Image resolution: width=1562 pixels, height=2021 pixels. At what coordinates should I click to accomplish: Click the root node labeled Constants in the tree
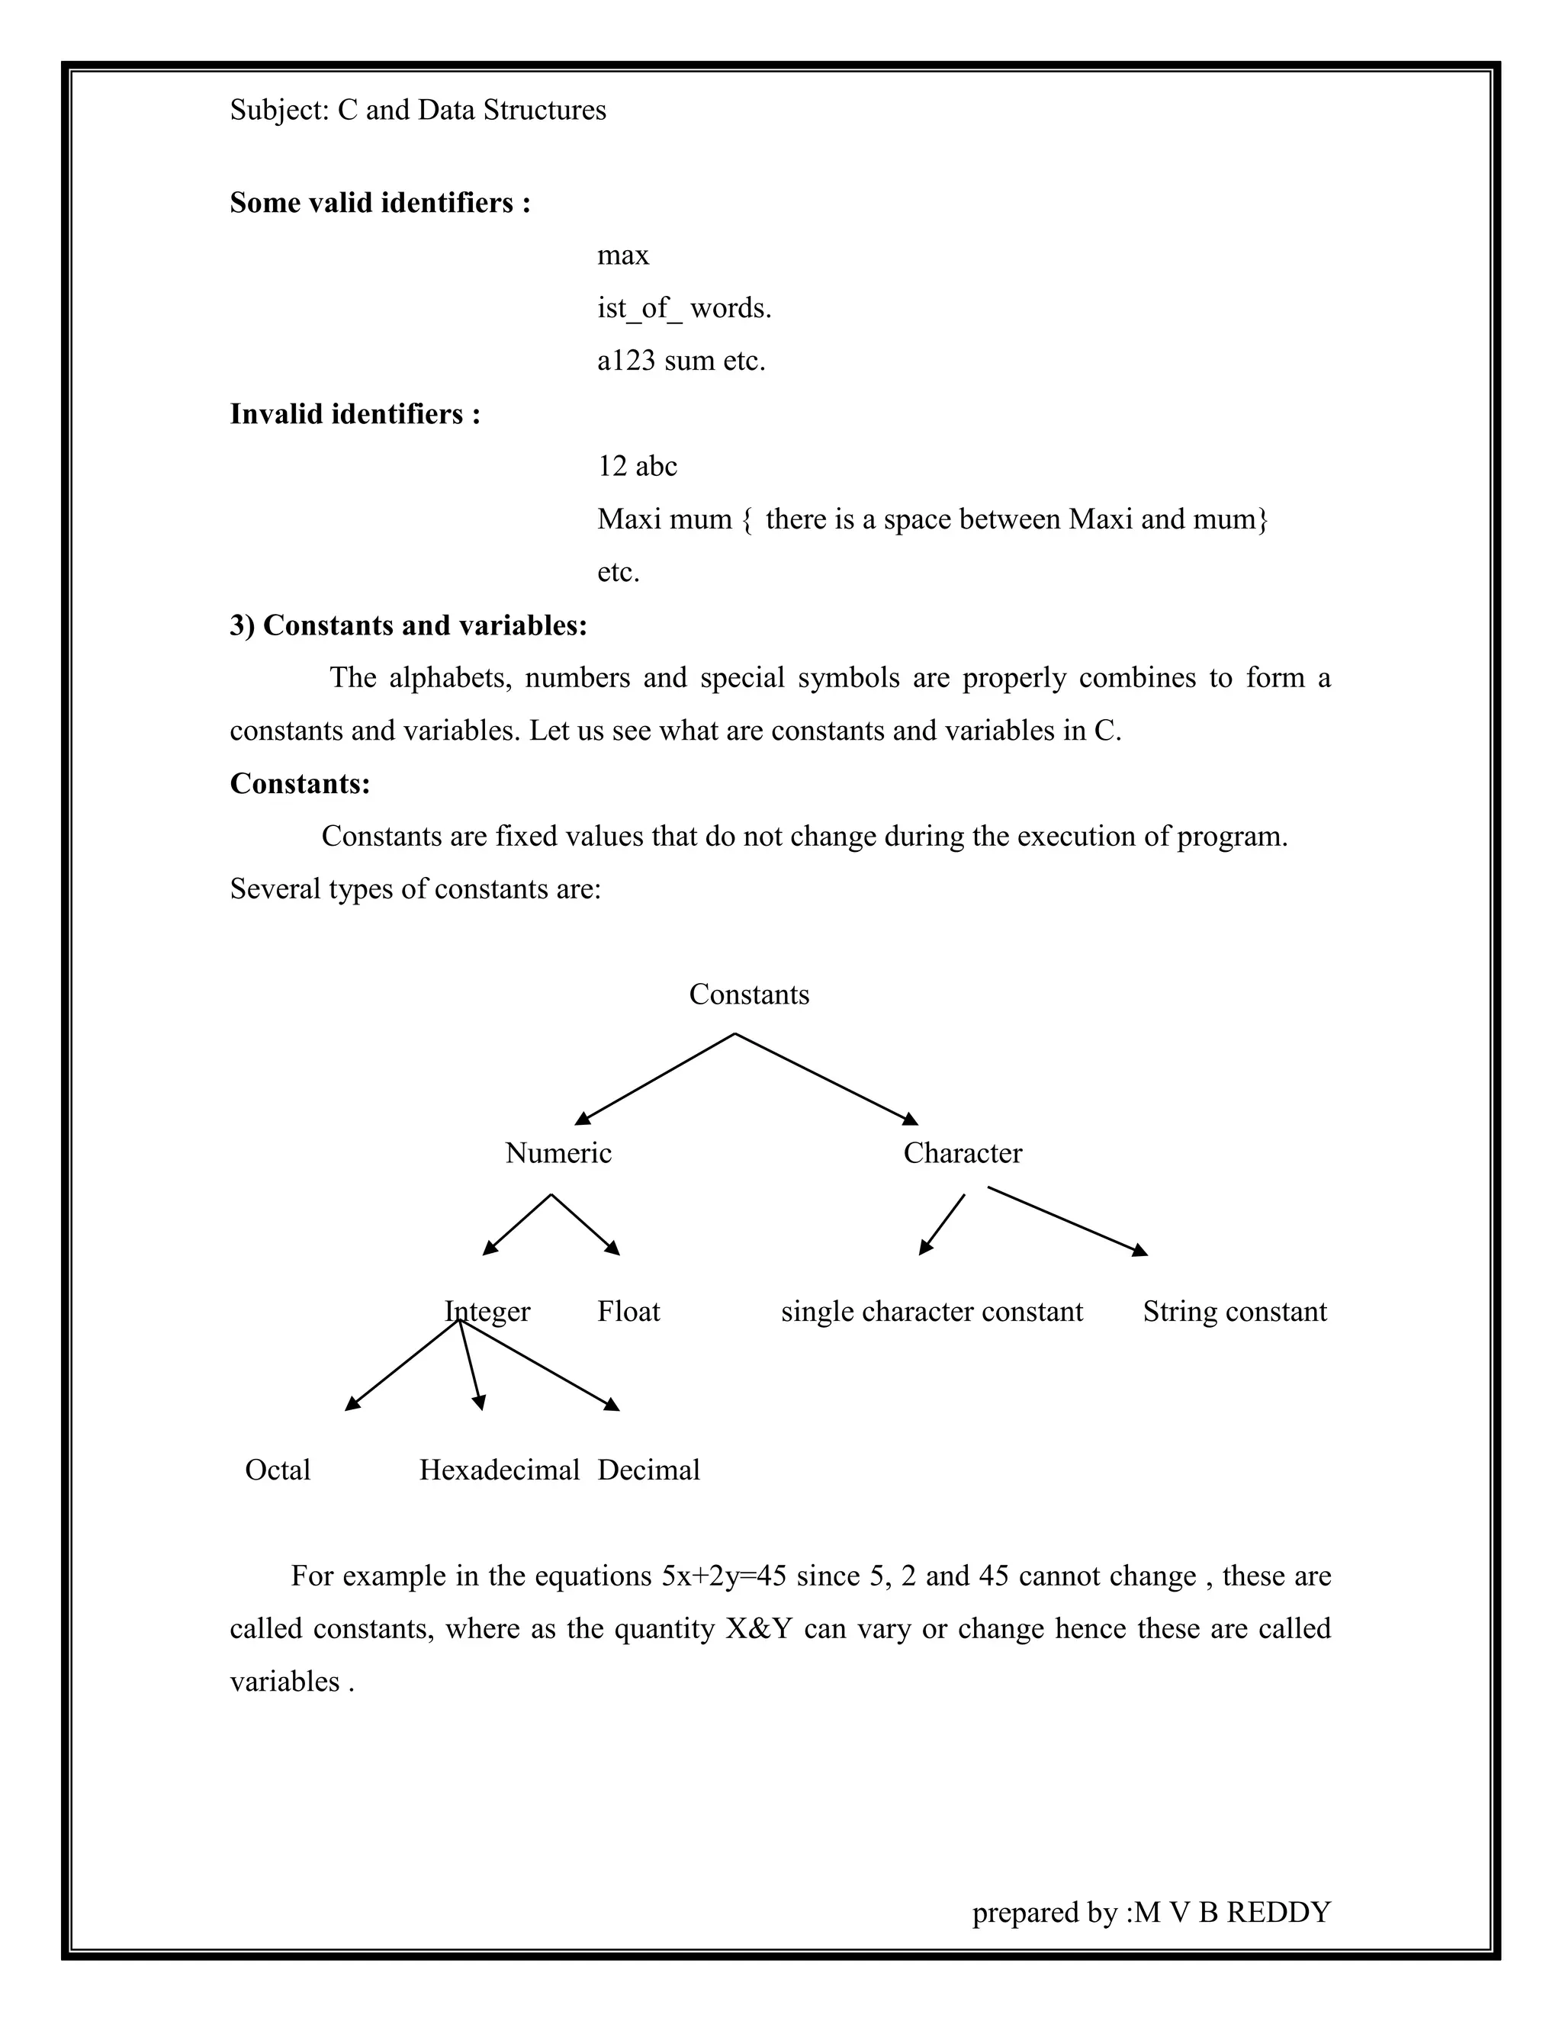749,994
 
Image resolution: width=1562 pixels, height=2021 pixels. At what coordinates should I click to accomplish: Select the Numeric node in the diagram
558,1153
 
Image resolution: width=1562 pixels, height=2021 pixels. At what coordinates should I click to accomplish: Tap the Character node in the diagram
963,1153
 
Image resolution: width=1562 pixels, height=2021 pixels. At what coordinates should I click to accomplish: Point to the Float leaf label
628,1311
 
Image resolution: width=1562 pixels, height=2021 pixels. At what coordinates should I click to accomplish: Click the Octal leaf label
278,1470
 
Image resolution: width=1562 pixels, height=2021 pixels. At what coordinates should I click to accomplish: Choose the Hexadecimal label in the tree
499,1470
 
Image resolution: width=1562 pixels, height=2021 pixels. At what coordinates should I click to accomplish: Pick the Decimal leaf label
649,1470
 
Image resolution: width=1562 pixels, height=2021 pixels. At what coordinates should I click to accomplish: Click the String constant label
1235,1311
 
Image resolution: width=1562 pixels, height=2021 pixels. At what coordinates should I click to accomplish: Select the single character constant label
932,1311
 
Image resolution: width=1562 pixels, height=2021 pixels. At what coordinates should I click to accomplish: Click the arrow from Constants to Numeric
655,1078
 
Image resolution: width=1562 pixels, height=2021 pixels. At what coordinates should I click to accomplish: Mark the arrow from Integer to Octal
403,1365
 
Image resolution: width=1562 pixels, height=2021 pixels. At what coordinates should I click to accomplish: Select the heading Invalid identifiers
355,413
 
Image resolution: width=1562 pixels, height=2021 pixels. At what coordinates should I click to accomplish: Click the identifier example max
623,255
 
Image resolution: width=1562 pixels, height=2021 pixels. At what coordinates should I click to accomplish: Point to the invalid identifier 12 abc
637,467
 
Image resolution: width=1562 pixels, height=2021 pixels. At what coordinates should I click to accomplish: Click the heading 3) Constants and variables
408,625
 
